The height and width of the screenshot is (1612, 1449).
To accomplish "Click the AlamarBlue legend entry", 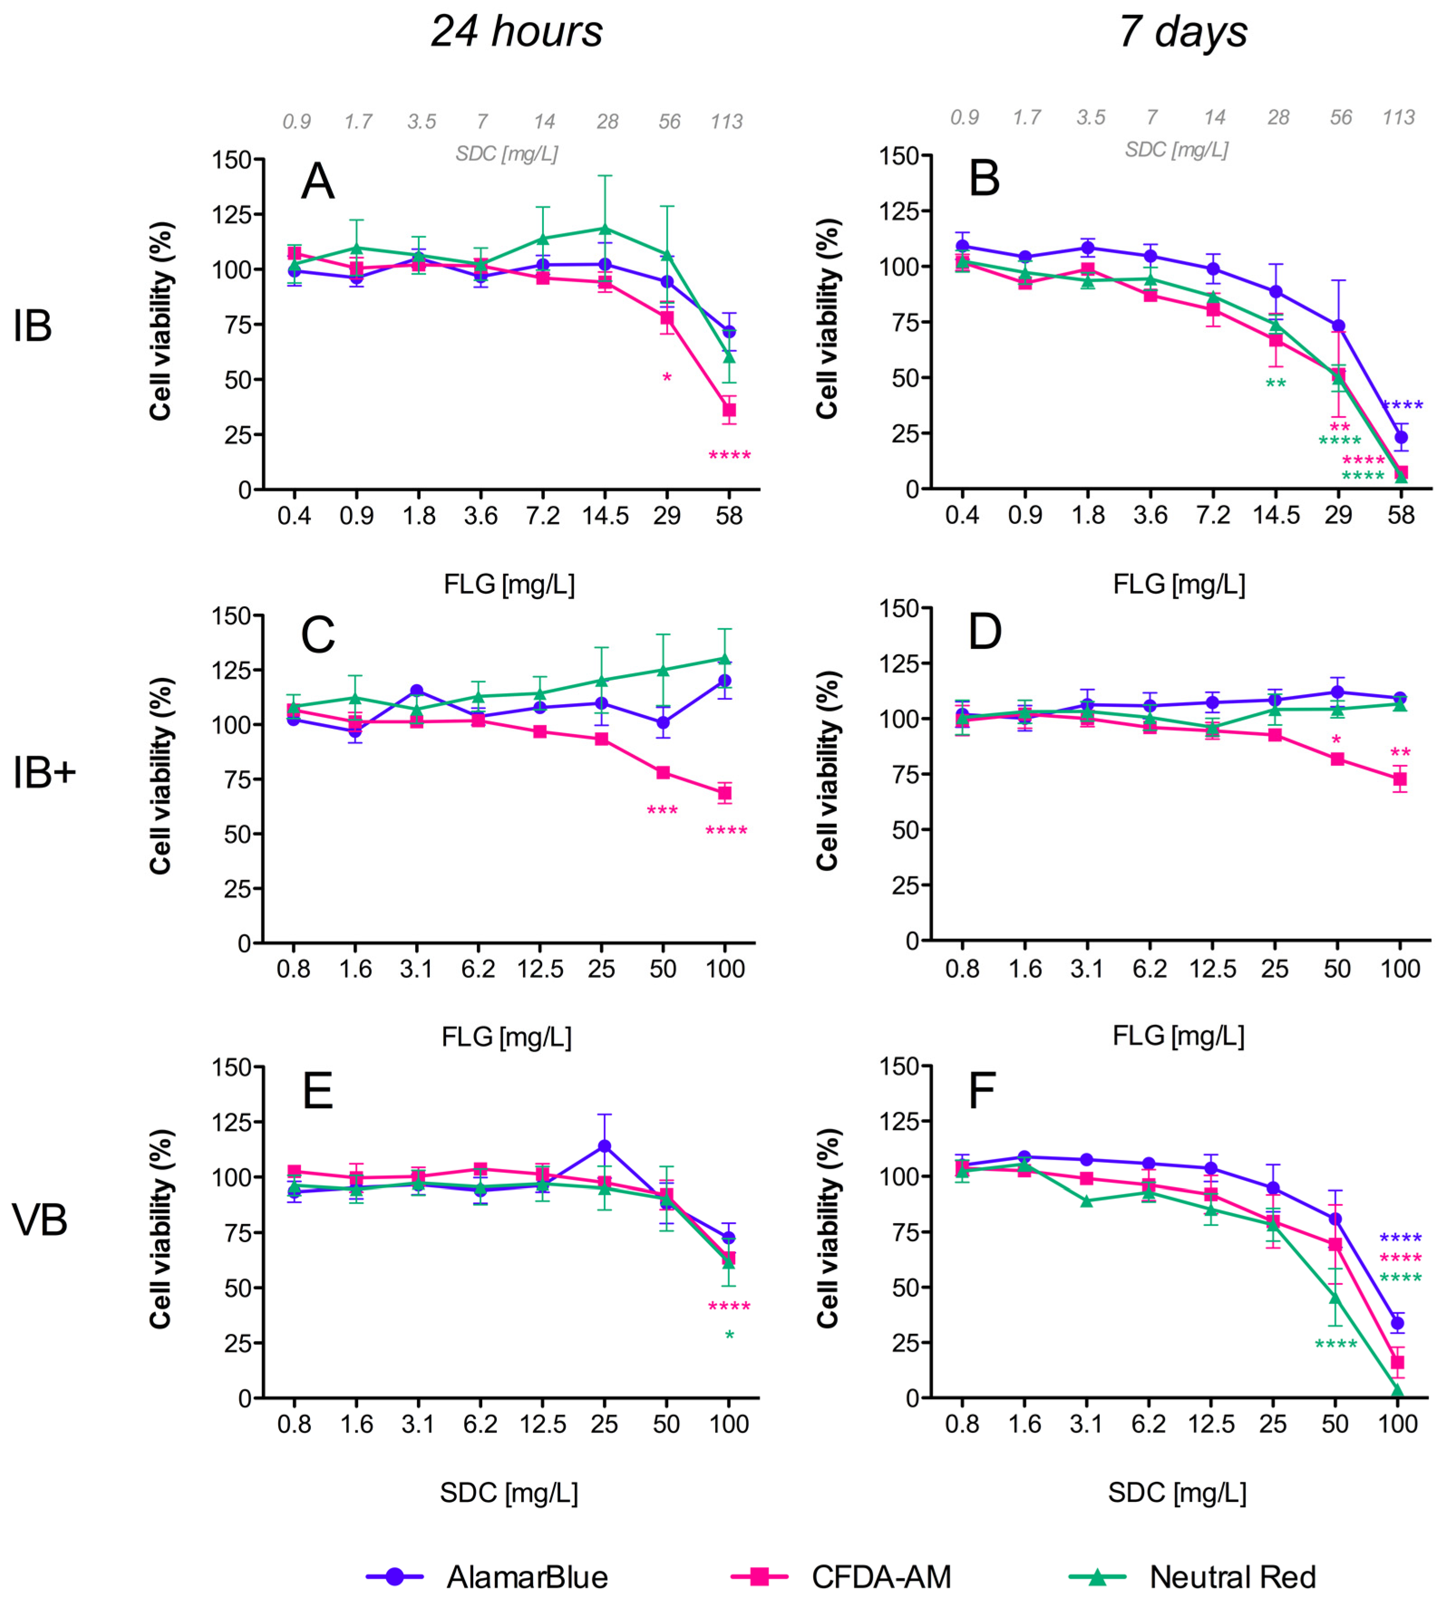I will (x=487, y=1577).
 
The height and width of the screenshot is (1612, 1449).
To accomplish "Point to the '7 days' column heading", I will (x=1182, y=32).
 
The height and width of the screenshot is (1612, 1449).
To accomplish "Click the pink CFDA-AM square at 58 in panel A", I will (x=728, y=410).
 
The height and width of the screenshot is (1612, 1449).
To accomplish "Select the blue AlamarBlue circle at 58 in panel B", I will (x=1401, y=437).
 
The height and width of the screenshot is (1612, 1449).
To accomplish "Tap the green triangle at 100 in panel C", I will (x=724, y=659).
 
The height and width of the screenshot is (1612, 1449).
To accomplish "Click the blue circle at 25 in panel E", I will (x=604, y=1146).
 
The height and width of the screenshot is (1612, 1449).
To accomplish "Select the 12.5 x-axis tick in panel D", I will (x=1212, y=969).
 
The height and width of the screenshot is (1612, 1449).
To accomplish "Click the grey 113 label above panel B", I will (x=1399, y=118).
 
